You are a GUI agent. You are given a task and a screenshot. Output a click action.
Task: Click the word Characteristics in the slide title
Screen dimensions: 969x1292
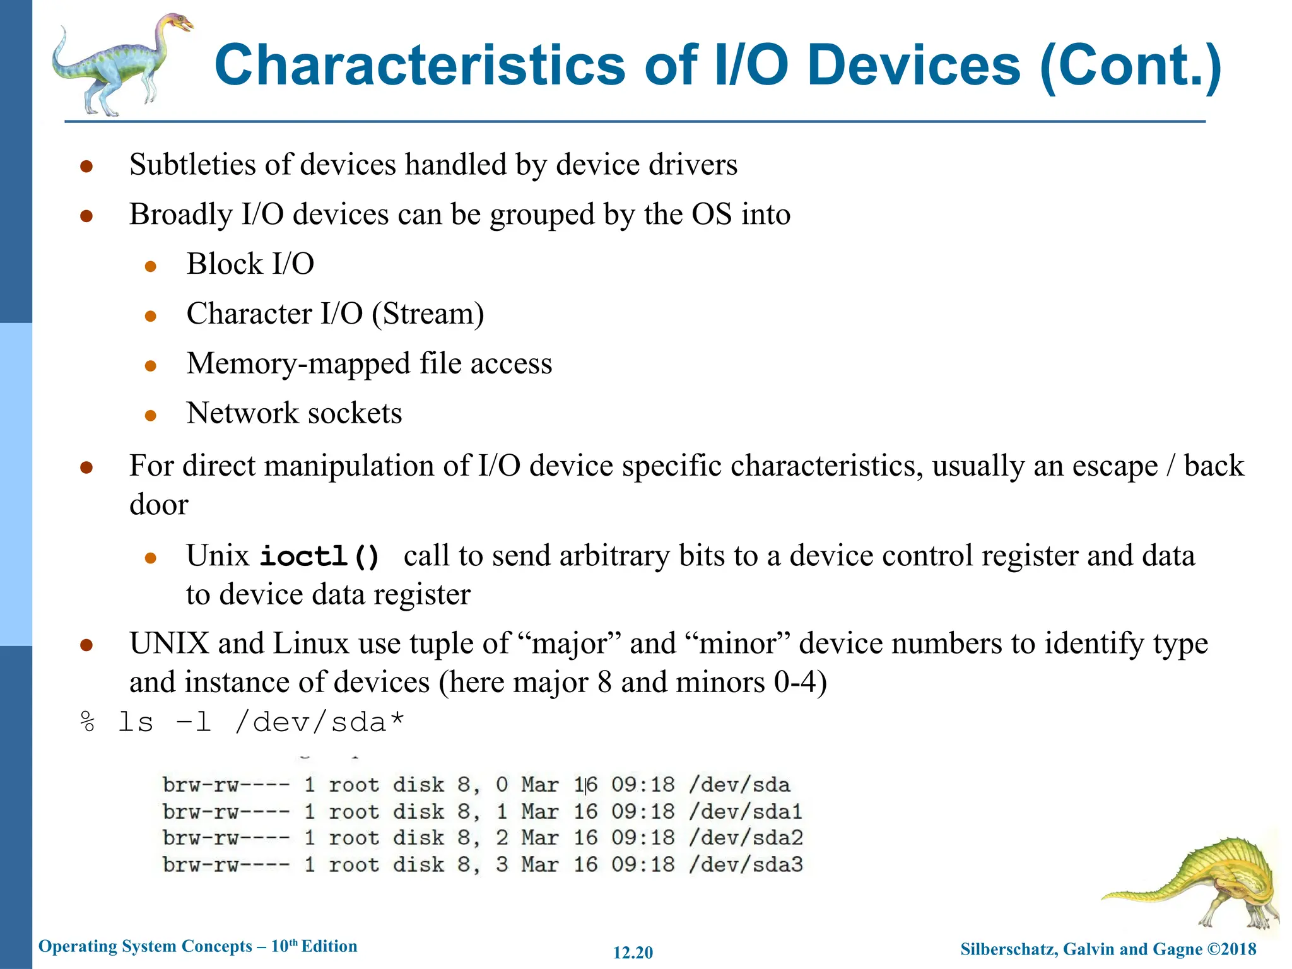pos(420,66)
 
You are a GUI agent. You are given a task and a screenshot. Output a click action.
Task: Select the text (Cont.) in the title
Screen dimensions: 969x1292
pos(1130,66)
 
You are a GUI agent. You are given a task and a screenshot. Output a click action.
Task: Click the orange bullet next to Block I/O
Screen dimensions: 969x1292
pos(150,266)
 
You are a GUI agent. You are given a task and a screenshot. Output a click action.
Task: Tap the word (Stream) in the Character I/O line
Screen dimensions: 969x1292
pos(428,314)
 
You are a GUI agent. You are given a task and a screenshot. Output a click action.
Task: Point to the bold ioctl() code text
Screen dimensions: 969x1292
pos(320,556)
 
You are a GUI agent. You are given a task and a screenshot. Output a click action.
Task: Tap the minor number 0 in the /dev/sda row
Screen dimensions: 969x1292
pos(502,785)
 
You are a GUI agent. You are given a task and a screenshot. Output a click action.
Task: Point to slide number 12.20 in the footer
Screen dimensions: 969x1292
pos(633,953)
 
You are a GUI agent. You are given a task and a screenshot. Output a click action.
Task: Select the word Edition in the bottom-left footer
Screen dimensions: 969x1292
pos(329,946)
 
